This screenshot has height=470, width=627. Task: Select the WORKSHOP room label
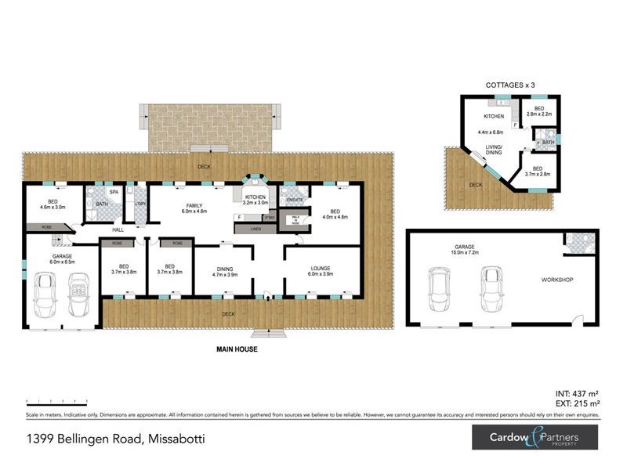tap(558, 280)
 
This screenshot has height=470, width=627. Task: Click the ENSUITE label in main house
tap(295, 200)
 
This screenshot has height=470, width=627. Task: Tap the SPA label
tap(114, 192)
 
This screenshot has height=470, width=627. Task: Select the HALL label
tap(118, 230)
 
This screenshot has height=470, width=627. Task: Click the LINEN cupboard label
tap(256, 229)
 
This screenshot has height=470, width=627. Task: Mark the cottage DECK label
tap(476, 185)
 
